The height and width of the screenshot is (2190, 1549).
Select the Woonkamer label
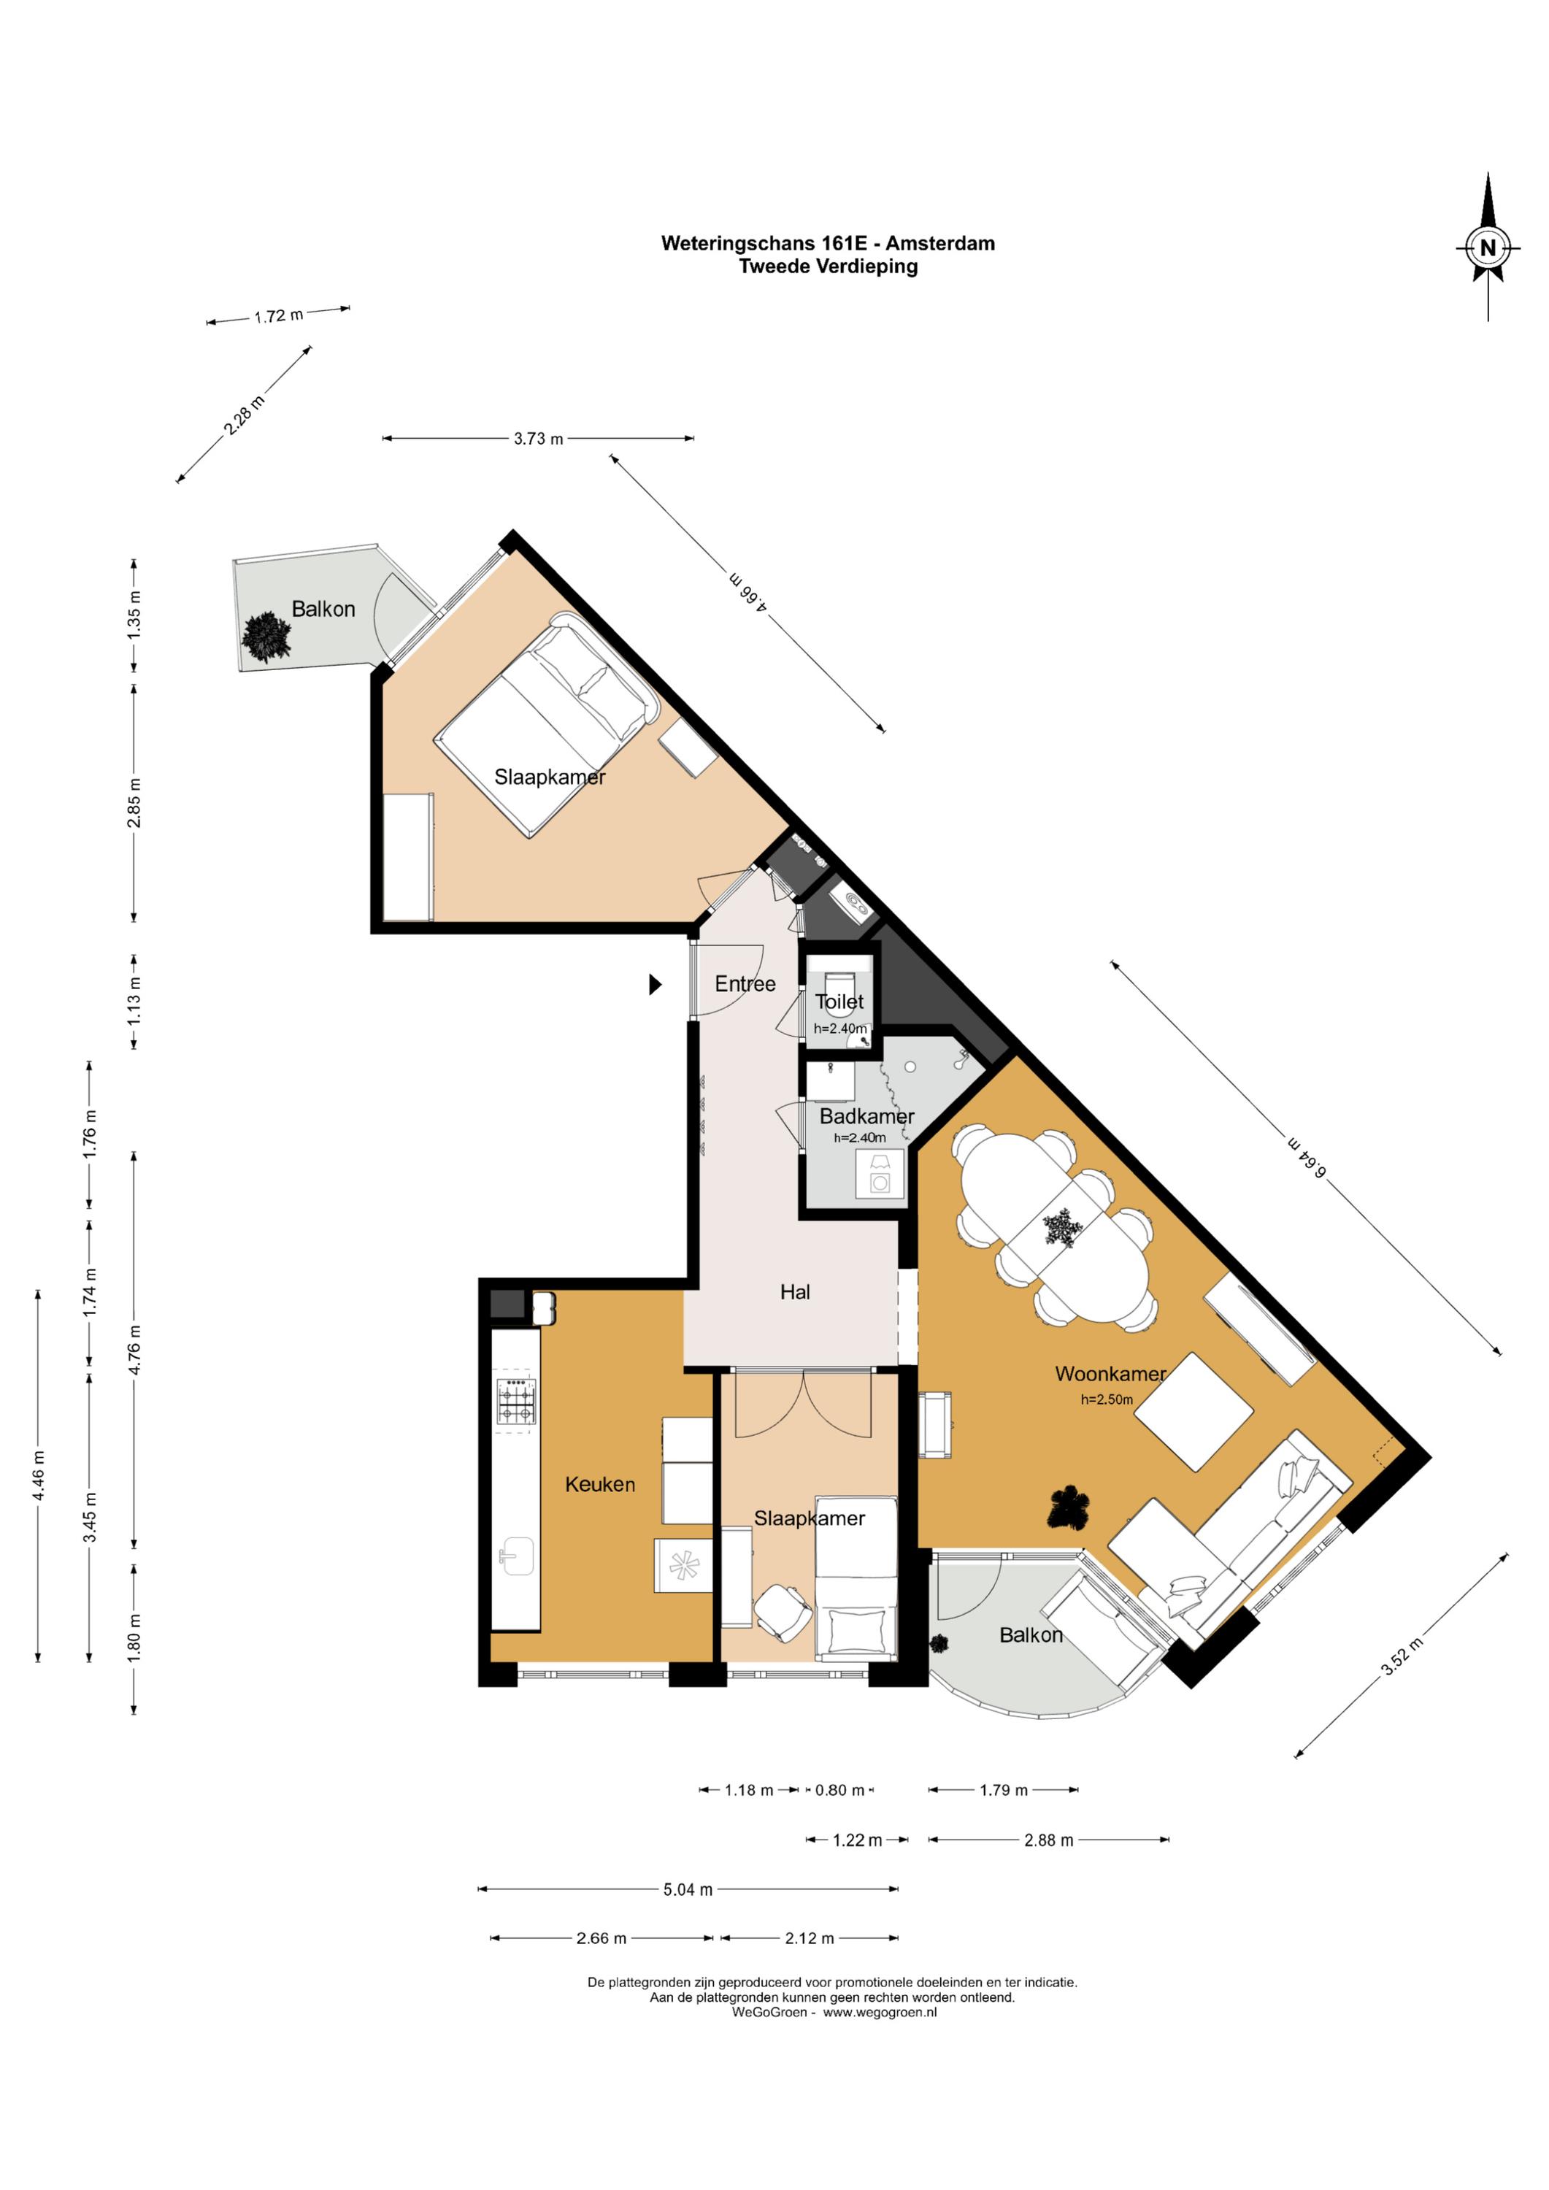(1110, 1374)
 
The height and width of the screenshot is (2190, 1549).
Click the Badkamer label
(867, 1116)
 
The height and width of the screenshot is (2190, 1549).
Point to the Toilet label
(839, 1002)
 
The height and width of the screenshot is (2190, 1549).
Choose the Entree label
(745, 983)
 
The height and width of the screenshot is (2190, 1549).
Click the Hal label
(794, 1291)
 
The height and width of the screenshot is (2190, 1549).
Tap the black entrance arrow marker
(656, 983)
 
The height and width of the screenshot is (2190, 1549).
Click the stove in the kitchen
(516, 1403)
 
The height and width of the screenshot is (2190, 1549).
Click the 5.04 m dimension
(688, 1889)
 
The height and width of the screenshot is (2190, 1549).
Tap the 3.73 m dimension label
(538, 439)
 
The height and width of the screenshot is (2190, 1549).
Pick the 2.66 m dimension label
(601, 1938)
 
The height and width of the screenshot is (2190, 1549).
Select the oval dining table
(1056, 1228)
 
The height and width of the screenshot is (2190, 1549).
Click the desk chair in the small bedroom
(783, 1612)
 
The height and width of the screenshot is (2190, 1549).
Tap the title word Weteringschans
(739, 243)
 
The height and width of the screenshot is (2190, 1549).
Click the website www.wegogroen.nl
(880, 2013)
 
